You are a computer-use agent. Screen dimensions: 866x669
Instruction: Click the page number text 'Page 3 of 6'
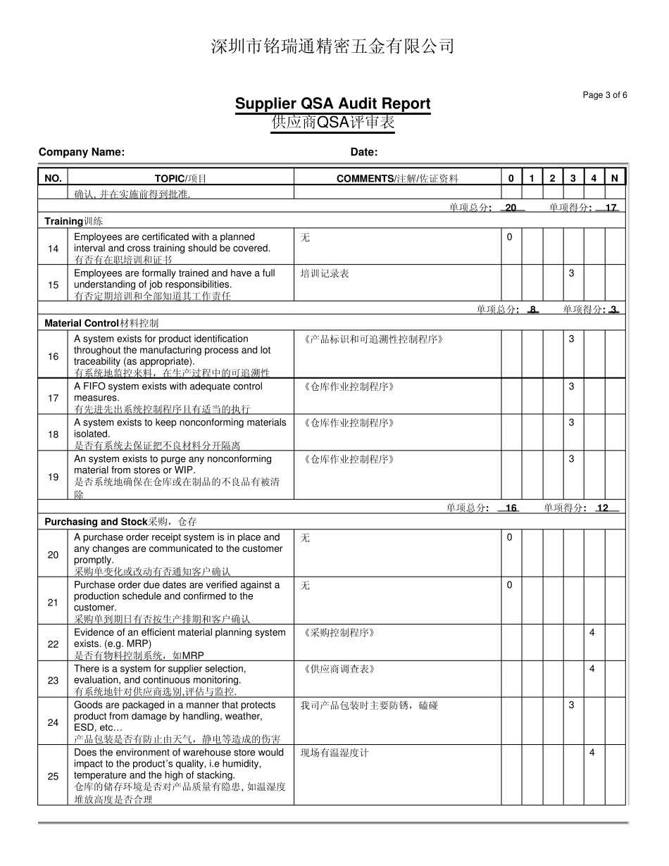point(605,96)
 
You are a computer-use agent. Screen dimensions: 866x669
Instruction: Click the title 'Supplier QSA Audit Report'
point(332,103)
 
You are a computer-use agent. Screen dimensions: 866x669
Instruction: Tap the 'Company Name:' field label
point(82,152)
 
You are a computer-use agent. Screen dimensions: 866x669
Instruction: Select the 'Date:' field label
point(364,152)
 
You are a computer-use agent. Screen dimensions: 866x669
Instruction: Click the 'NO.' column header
point(53,179)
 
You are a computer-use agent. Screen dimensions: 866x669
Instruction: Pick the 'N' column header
point(614,179)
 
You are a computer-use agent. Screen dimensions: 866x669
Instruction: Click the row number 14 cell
point(54,249)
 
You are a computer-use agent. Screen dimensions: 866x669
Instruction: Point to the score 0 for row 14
point(510,237)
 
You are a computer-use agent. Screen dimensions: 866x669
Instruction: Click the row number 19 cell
point(54,477)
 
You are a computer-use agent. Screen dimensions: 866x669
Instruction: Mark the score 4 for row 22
point(592,632)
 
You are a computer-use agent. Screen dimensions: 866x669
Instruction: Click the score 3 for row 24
point(572,705)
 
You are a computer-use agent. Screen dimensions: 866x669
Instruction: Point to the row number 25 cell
point(54,776)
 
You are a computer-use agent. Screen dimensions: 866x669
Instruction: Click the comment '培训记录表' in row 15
point(325,273)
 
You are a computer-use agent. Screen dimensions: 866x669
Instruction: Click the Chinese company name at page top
point(332,46)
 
